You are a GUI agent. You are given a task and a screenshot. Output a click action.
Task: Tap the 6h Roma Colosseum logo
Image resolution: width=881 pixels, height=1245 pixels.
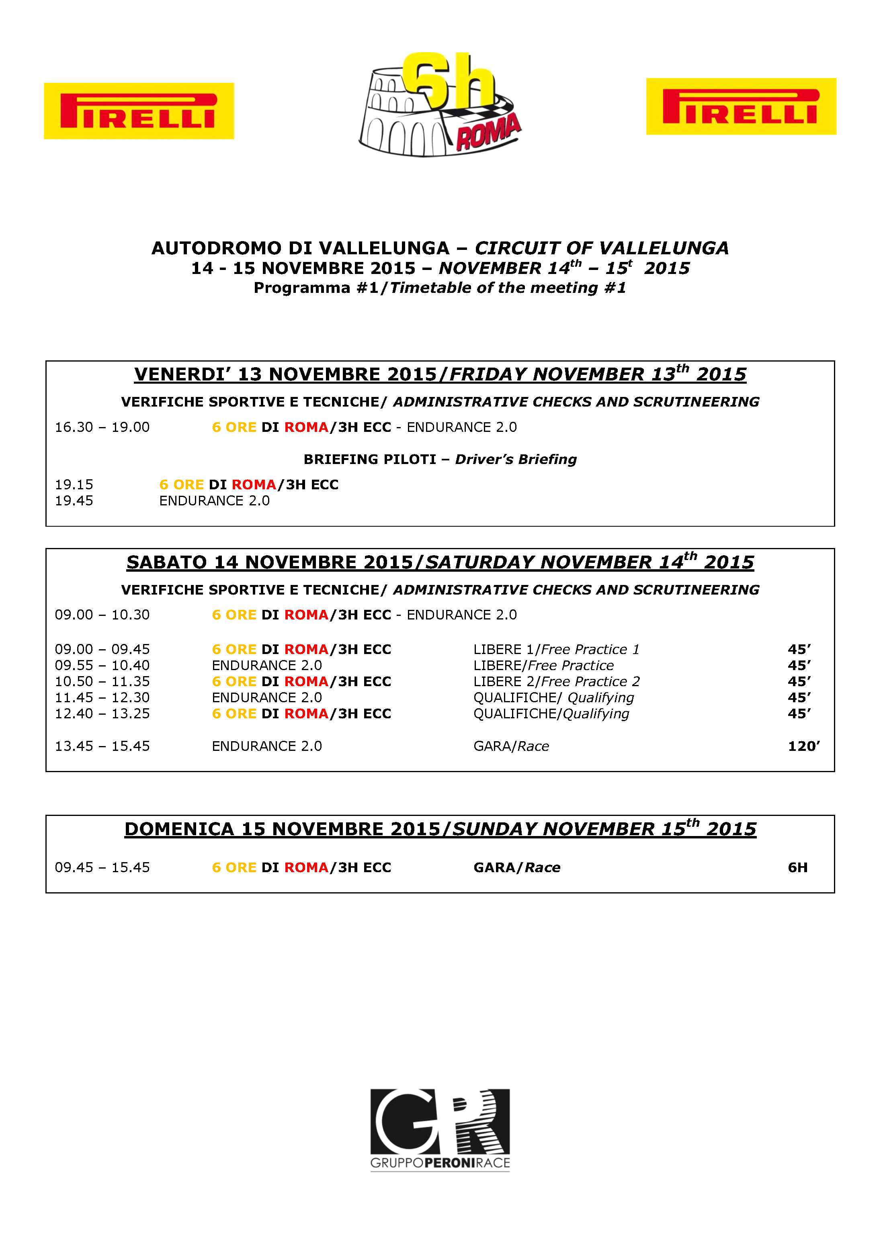(x=439, y=106)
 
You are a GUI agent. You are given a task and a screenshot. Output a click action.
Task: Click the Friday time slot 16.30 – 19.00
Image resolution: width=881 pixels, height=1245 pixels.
(x=102, y=427)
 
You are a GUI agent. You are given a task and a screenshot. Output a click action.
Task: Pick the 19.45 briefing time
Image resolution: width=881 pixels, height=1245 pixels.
(x=74, y=501)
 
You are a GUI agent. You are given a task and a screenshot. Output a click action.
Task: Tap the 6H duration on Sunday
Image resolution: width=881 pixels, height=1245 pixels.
(x=797, y=868)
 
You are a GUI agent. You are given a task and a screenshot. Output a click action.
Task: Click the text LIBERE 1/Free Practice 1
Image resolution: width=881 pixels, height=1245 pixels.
(x=556, y=649)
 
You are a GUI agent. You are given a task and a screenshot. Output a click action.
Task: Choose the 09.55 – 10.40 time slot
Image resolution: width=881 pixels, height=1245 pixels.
(x=102, y=665)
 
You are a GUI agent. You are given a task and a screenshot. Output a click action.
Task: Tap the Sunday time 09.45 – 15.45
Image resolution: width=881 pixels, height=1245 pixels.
(x=102, y=868)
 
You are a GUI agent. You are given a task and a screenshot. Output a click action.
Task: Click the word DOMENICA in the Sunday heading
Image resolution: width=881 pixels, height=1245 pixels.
(x=179, y=829)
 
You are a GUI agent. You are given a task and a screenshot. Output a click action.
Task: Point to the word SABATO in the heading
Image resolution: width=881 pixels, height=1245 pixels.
(x=166, y=562)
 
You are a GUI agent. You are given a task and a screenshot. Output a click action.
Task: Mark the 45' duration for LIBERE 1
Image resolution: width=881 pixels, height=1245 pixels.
(x=799, y=649)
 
